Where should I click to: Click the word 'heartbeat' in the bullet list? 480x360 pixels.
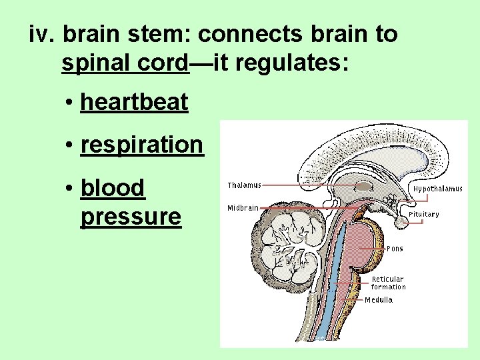[134, 103]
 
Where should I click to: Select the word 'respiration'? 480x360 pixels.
[141, 145]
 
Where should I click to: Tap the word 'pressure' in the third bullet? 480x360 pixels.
[131, 217]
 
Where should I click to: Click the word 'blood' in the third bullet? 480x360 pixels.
[112, 189]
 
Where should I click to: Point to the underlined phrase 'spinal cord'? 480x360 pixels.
[126, 63]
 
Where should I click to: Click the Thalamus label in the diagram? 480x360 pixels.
[244, 185]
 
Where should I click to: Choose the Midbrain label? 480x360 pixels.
[243, 208]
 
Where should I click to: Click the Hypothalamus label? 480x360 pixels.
[437, 189]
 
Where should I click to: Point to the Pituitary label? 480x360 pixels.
[424, 215]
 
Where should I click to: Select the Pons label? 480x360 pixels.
[395, 249]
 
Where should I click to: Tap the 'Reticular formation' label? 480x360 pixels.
[388, 283]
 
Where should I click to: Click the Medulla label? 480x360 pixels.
[379, 300]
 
